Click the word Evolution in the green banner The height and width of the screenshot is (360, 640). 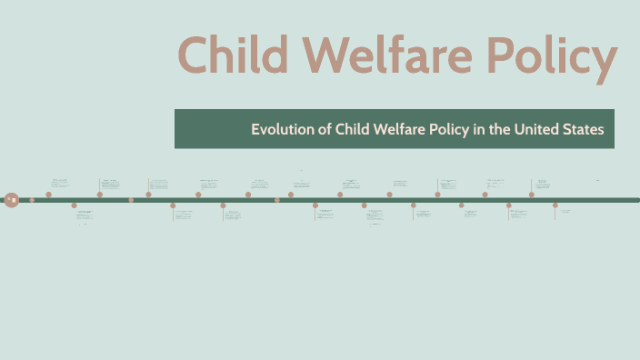282,129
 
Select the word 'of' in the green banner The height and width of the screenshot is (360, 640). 324,129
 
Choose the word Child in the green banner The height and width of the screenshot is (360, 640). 353,129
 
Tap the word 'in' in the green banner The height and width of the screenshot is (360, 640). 478,129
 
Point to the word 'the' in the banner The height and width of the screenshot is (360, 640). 499,129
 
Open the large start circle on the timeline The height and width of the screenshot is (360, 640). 11,199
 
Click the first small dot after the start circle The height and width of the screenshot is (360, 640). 32,199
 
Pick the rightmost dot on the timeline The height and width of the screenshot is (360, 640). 555,205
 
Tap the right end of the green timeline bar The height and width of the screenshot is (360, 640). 636,199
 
